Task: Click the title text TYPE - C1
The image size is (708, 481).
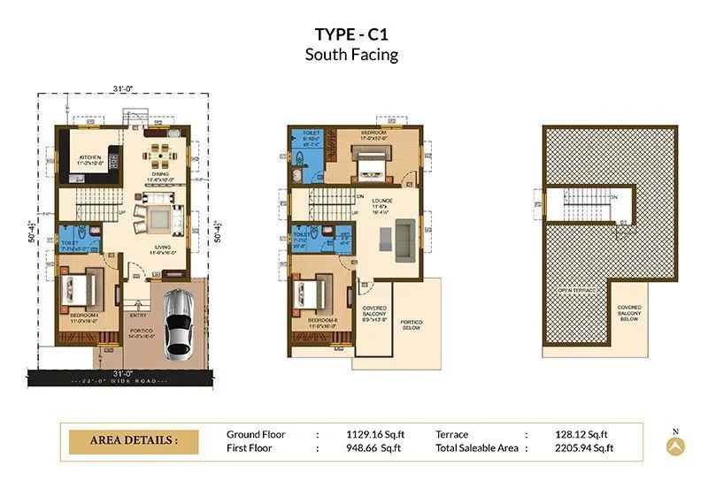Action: click(351, 34)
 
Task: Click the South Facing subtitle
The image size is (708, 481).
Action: click(351, 55)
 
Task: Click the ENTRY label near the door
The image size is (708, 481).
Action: click(137, 314)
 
